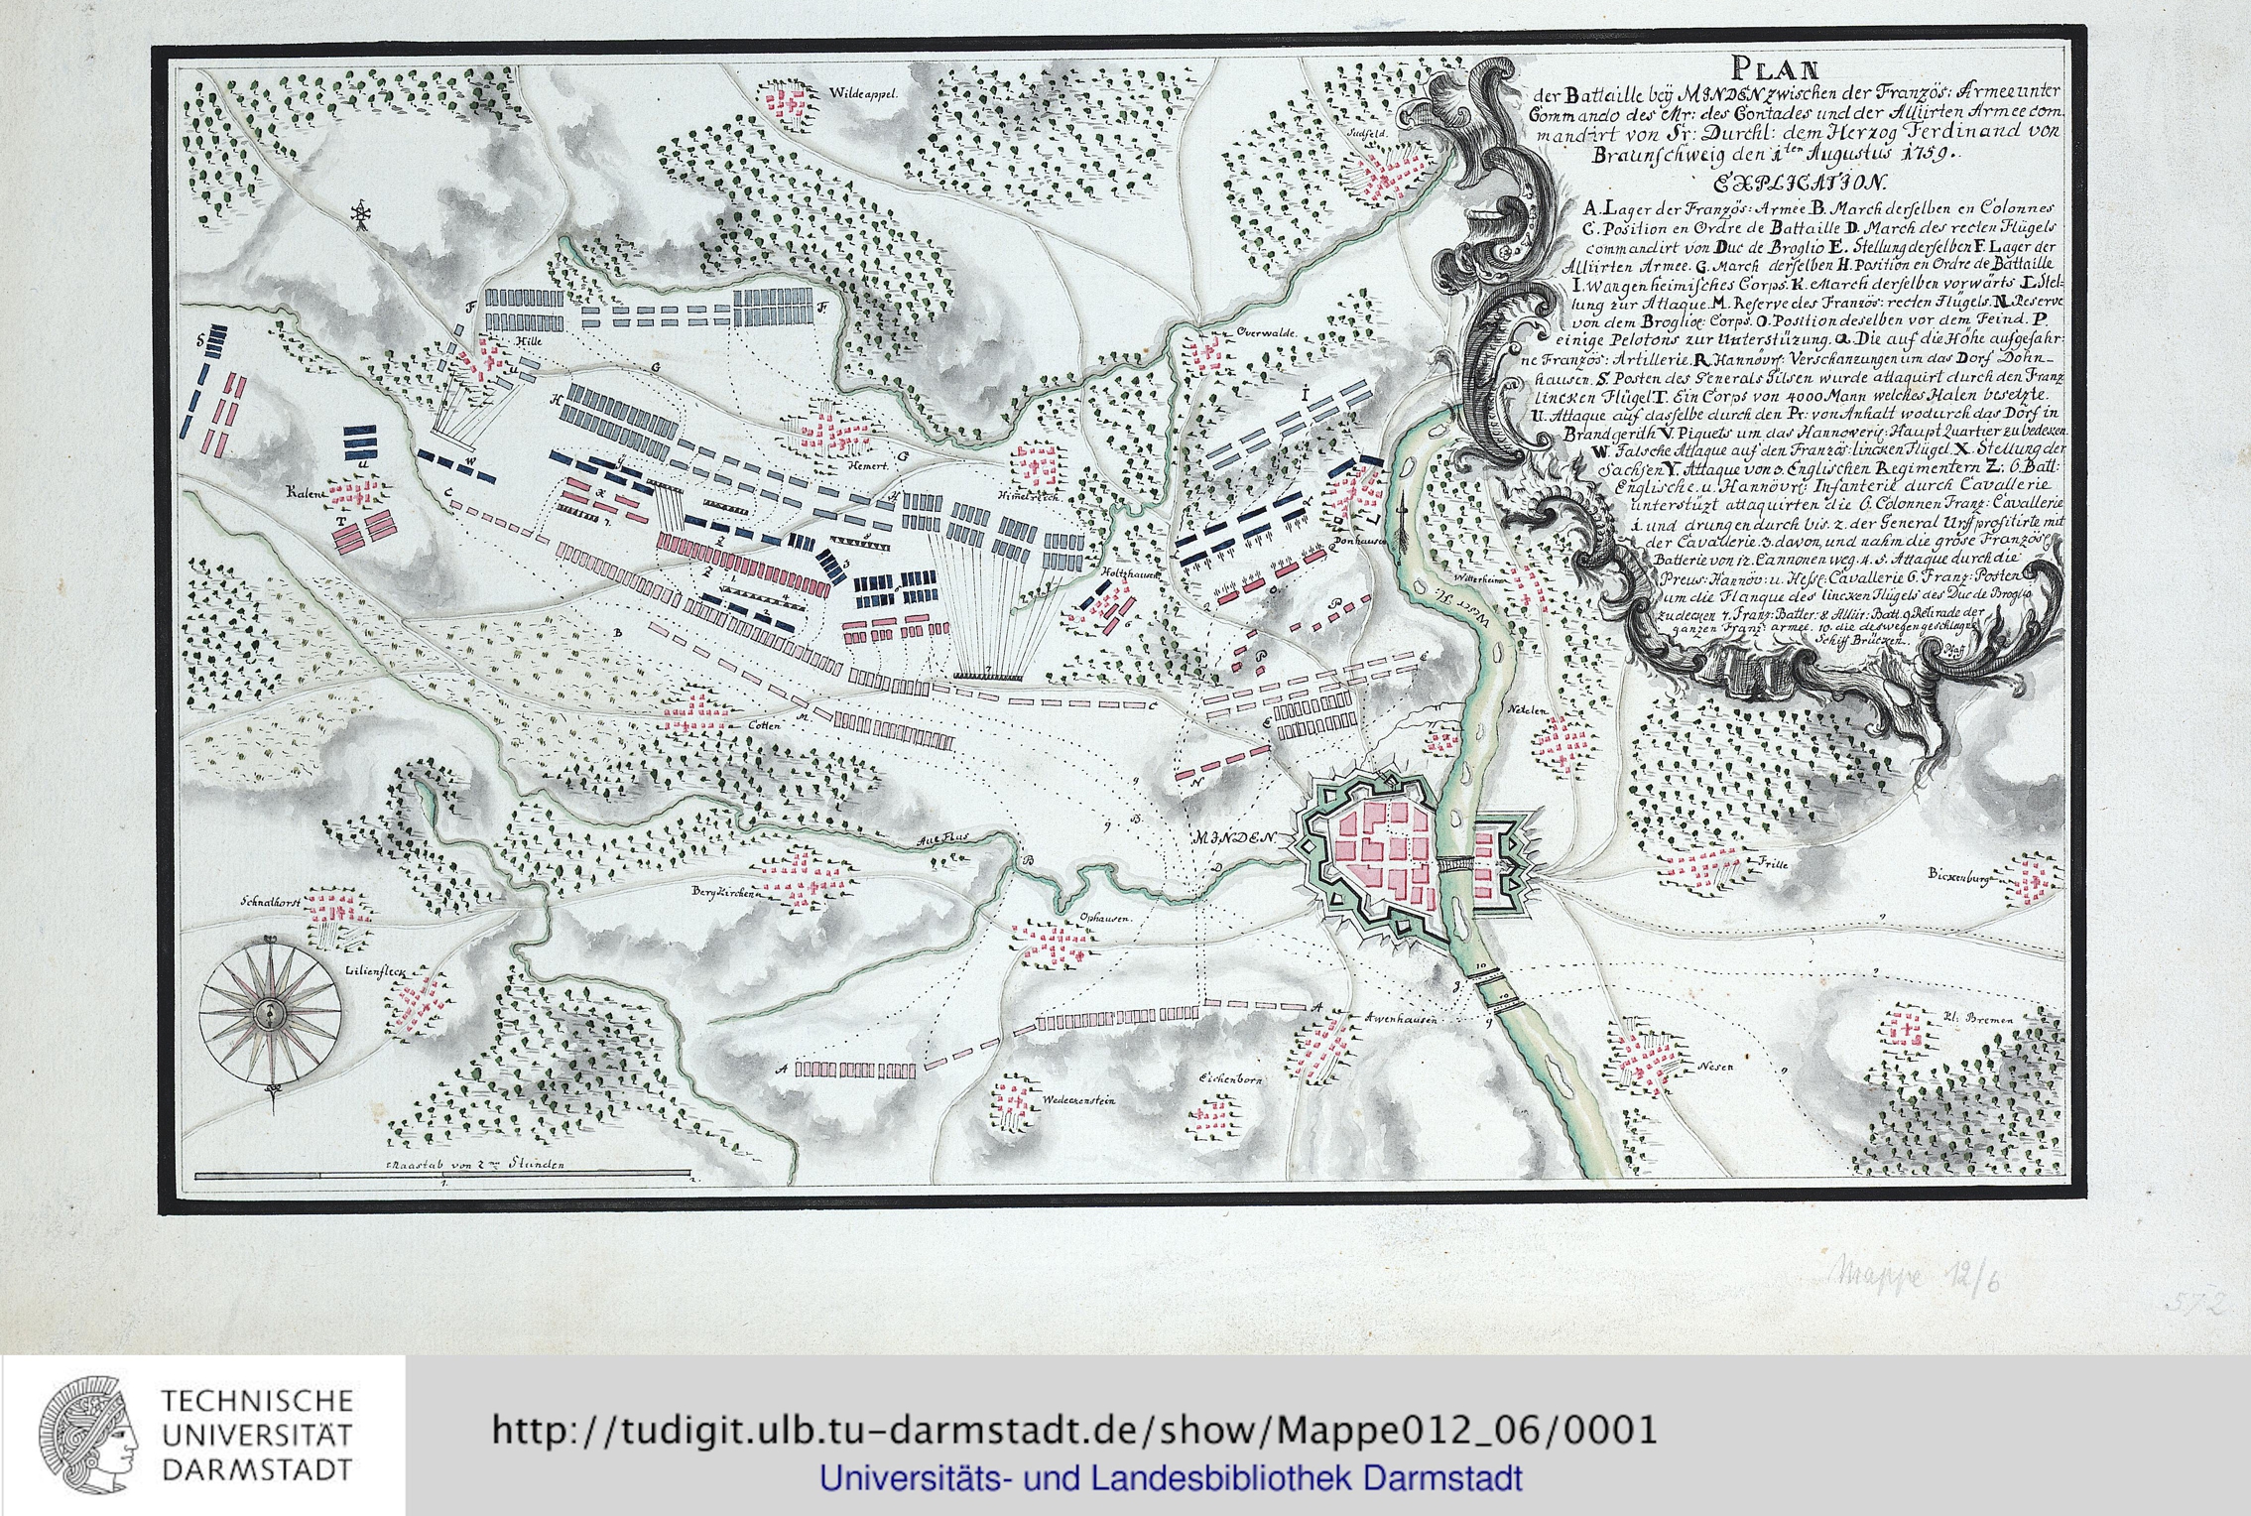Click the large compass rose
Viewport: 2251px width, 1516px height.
[x=270, y=1013]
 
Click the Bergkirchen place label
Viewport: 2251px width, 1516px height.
[x=725, y=892]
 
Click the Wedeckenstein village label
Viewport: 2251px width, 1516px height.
[x=1079, y=1100]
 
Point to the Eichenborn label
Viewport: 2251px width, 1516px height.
[x=1229, y=1078]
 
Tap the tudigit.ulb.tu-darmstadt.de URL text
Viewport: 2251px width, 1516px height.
[x=1073, y=1430]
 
